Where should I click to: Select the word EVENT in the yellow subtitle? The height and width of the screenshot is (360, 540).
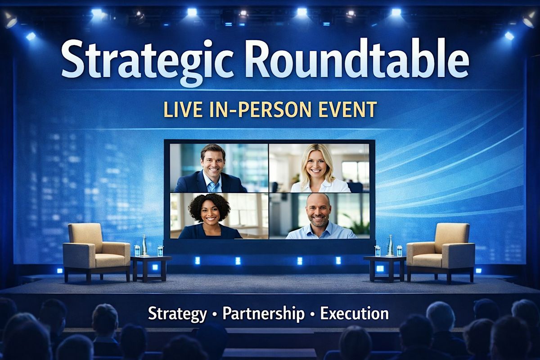347,110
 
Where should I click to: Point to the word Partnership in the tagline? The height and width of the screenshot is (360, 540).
263,314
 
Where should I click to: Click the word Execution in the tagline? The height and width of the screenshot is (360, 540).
355,314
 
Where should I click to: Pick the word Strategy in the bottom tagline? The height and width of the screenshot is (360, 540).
177,315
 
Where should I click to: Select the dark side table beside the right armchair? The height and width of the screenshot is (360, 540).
385,268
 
